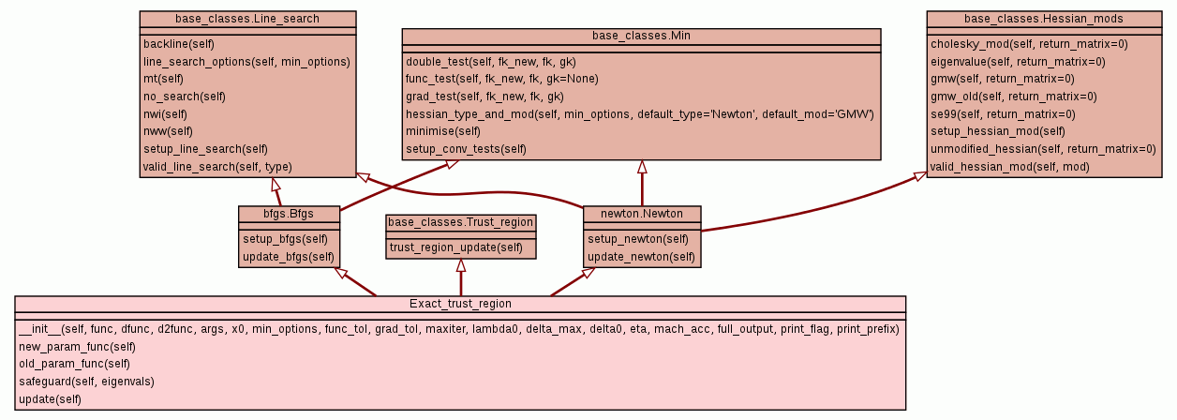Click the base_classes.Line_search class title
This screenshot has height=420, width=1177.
[x=247, y=19]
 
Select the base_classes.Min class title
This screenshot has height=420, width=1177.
[x=641, y=36]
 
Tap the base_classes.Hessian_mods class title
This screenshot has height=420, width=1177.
[x=1042, y=19]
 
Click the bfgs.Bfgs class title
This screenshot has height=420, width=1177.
[x=289, y=214]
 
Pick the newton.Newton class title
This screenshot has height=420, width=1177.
[x=642, y=214]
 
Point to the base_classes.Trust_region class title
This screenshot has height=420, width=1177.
[x=461, y=222]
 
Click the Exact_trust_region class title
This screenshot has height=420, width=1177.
[x=460, y=304]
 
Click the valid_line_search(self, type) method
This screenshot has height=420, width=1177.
[x=217, y=167]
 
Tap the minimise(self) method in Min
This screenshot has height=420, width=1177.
[x=442, y=131]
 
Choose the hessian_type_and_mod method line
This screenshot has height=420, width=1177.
[x=639, y=114]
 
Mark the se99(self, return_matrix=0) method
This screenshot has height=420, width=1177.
[x=1002, y=114]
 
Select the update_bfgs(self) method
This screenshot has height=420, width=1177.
[x=288, y=256]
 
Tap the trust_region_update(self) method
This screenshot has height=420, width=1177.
[x=456, y=247]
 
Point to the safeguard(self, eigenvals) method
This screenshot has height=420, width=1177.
[x=86, y=382]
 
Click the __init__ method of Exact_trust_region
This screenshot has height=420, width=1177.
[x=458, y=329]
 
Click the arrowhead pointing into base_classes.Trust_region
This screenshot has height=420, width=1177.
[x=461, y=264]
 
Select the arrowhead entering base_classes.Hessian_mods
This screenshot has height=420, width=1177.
[x=921, y=176]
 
